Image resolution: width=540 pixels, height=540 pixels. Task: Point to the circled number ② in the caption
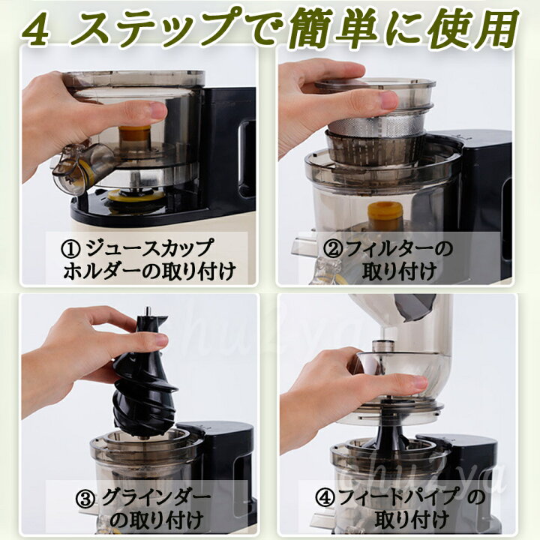click(333, 249)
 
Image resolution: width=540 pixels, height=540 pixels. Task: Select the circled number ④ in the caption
click(325, 497)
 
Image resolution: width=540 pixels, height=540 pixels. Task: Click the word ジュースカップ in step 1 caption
click(148, 249)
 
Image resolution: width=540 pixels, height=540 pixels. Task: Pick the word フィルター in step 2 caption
click(386, 249)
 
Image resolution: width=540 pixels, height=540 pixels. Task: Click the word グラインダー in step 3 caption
click(156, 498)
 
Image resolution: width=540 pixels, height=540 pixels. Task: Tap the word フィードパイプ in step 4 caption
click(399, 496)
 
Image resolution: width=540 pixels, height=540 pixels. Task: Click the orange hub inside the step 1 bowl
click(135, 133)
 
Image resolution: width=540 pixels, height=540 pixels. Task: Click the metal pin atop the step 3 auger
click(148, 311)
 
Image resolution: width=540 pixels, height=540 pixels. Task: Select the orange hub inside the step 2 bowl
click(385, 211)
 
